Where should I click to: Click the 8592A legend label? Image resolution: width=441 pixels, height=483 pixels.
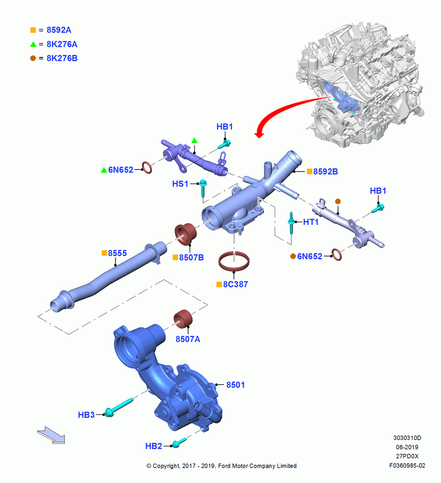(x=59, y=30)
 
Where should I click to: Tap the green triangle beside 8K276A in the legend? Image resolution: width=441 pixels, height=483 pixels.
(x=33, y=44)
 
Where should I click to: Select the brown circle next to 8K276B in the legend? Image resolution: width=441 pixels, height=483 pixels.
(x=33, y=58)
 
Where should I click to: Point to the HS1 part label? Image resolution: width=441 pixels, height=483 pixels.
(x=180, y=184)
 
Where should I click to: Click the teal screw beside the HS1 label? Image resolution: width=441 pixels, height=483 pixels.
(x=203, y=188)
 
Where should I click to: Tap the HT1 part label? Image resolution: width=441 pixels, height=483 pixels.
(x=310, y=222)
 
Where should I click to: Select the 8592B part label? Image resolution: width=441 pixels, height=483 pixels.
(x=325, y=171)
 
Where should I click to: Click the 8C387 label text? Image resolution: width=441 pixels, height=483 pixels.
(x=235, y=284)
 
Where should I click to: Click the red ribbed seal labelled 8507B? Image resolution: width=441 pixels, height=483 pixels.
(x=186, y=234)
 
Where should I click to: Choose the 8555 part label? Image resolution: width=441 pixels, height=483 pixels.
(x=117, y=253)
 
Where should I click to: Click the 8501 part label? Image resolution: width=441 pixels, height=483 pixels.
(x=235, y=385)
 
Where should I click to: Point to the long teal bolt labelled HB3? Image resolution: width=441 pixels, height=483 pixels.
(x=118, y=407)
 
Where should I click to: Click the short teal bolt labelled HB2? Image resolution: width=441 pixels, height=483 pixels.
(x=179, y=442)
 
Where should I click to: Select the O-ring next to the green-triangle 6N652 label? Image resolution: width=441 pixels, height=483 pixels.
(x=147, y=168)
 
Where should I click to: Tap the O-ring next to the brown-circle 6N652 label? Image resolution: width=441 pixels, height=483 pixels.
(x=337, y=255)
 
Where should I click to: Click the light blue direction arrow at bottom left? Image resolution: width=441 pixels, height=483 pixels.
(x=52, y=435)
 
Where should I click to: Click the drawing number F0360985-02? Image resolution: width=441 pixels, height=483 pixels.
(x=407, y=466)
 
